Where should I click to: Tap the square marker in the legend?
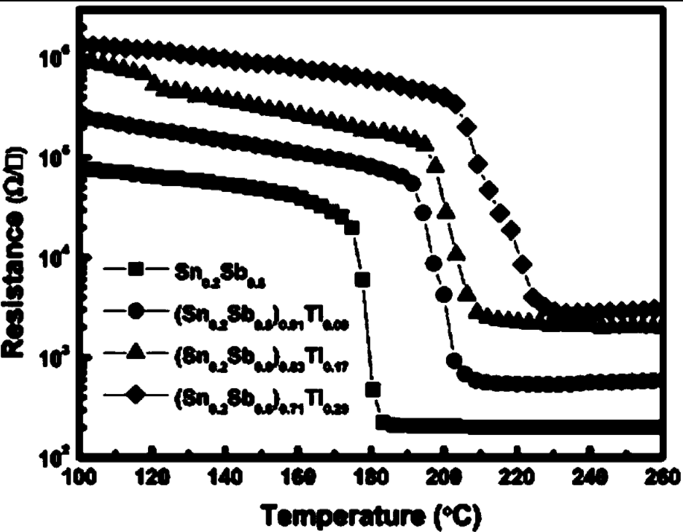134,271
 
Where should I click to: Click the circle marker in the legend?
134,312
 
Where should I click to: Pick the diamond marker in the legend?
134,396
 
